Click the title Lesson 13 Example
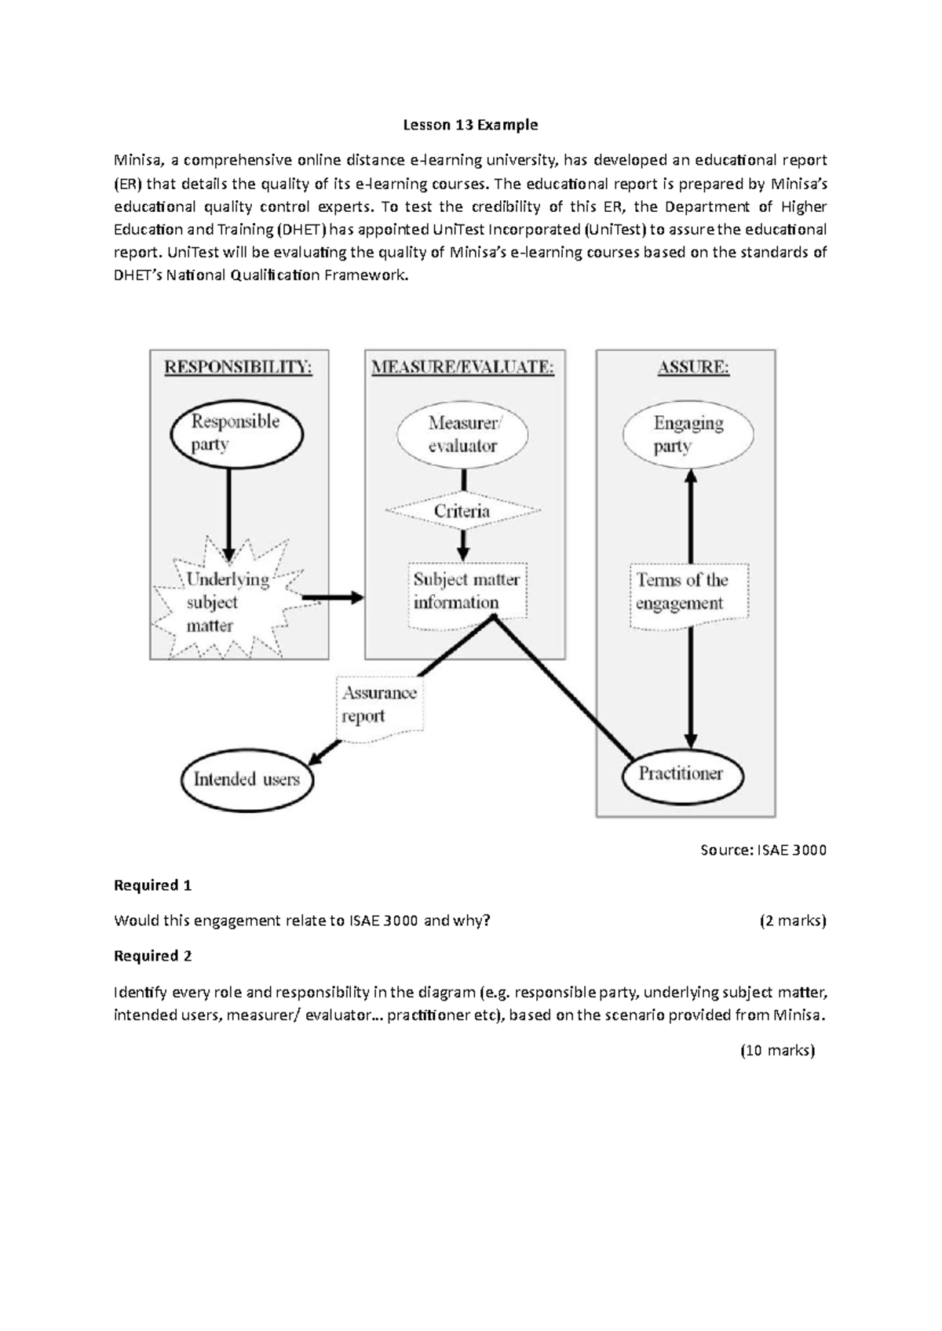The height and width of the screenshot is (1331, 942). pyautogui.click(x=470, y=125)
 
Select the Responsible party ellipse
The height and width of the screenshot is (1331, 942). pyautogui.click(x=236, y=433)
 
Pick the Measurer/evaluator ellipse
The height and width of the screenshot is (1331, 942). pyautogui.click(x=462, y=434)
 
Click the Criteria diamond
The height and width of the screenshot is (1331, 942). pyautogui.click(x=462, y=511)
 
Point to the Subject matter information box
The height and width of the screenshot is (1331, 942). pyautogui.click(x=466, y=592)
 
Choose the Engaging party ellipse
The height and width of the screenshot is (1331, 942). pyautogui.click(x=688, y=434)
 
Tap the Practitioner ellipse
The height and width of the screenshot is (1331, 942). pyautogui.click(x=681, y=775)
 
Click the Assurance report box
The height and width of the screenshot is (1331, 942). pyautogui.click(x=379, y=705)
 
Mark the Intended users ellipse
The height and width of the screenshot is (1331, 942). pyautogui.click(x=246, y=779)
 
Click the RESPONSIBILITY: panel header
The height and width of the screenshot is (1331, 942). pyautogui.click(x=238, y=367)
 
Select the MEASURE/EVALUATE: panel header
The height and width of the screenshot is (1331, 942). pyautogui.click(x=463, y=367)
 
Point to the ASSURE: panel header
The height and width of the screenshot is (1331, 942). pyautogui.click(x=693, y=367)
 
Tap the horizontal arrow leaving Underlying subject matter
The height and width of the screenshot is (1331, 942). pyautogui.click(x=332, y=598)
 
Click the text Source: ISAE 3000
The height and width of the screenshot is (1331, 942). pyautogui.click(x=763, y=850)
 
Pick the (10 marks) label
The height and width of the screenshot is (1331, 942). pyautogui.click(x=777, y=1050)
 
